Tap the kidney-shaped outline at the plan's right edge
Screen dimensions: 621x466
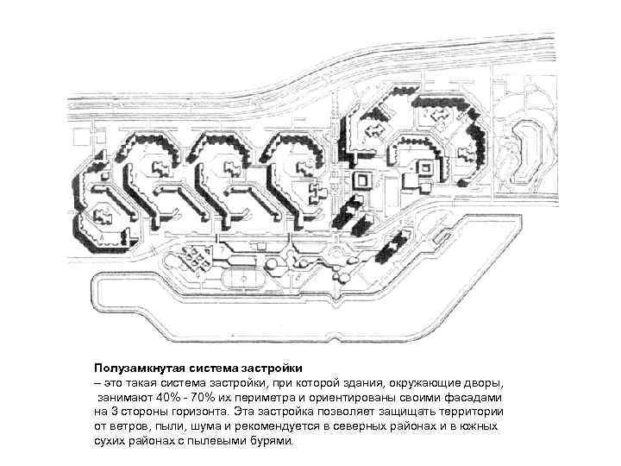[x=524, y=151]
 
